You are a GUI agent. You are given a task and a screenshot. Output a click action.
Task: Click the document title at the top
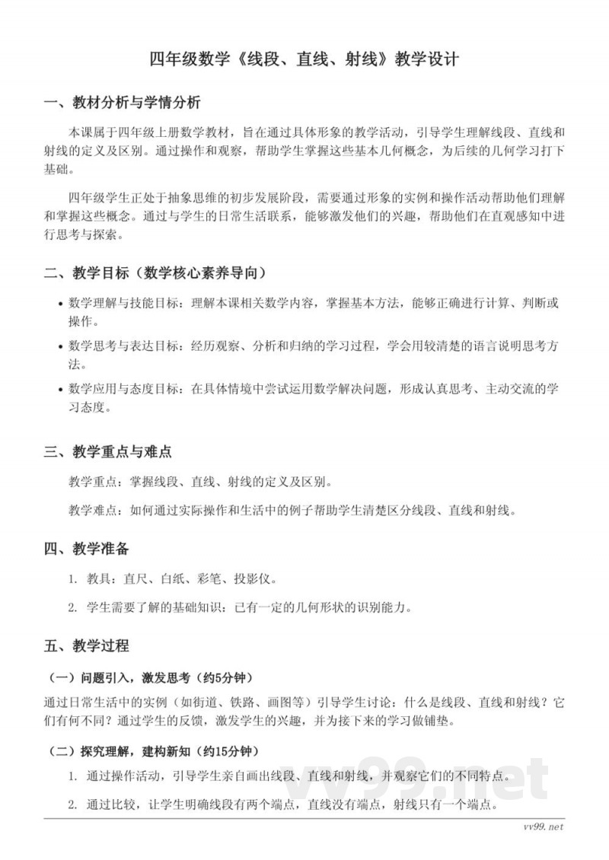click(304, 59)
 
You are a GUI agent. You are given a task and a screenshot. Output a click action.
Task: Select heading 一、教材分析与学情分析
click(123, 103)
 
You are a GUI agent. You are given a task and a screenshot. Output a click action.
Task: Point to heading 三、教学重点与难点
click(107, 451)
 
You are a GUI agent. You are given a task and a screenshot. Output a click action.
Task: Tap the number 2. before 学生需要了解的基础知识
click(72, 607)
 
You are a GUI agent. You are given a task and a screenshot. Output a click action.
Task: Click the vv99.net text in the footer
click(544, 827)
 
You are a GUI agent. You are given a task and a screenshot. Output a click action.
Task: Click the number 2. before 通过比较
click(72, 804)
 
